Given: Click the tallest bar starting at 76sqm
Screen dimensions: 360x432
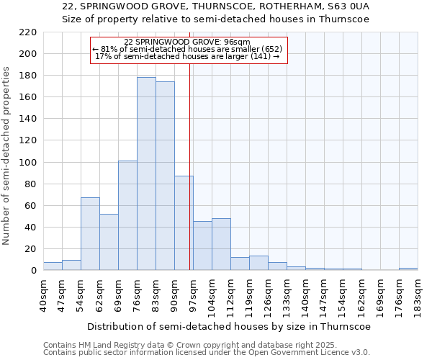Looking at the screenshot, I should (x=146, y=174).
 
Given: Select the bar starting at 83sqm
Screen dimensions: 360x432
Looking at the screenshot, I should (x=165, y=176).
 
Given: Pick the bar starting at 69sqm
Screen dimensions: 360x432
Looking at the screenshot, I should (x=127, y=215).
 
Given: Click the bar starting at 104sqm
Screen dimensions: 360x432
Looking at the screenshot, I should (x=221, y=244).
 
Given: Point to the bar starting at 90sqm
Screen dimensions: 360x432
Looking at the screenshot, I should (x=184, y=222).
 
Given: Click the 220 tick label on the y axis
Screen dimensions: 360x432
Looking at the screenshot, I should (x=27, y=32).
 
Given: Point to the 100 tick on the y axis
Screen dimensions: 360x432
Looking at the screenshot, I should (x=27, y=162).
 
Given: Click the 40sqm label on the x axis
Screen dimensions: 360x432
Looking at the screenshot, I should (x=43, y=294).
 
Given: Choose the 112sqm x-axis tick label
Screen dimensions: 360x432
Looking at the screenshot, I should (x=230, y=295).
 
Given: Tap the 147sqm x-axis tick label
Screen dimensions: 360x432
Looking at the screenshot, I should (x=324, y=295).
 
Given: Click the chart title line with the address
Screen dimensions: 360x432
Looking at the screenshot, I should (x=216, y=6).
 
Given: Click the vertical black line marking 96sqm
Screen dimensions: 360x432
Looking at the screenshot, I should (x=189, y=180).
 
